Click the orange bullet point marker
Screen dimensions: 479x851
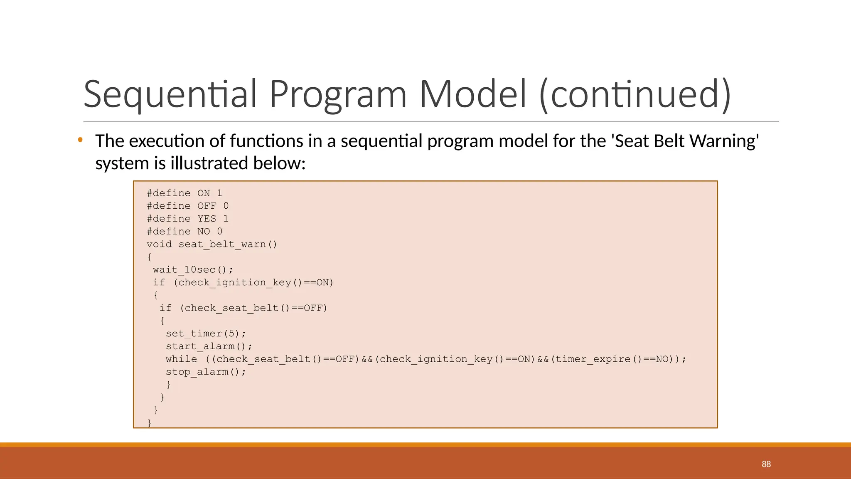click(x=80, y=140)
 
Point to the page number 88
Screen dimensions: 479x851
click(x=766, y=464)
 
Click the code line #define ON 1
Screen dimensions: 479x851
click(x=184, y=193)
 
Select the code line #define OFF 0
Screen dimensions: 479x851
click(x=187, y=206)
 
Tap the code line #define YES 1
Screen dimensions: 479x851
click(x=187, y=219)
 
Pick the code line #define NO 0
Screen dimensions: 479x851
click(x=184, y=232)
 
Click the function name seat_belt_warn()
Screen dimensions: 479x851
click(x=228, y=244)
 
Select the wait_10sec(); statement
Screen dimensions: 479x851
click(x=193, y=270)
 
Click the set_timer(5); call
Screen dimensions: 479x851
click(x=206, y=334)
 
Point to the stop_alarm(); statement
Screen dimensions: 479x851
click(x=206, y=372)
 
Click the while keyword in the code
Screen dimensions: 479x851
click(x=182, y=359)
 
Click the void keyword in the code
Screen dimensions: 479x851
click(x=159, y=244)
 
